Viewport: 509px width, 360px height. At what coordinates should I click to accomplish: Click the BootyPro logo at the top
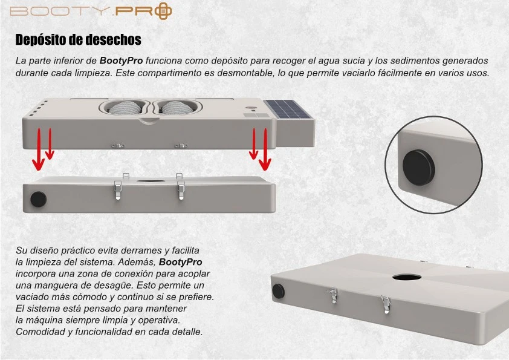tap(91, 11)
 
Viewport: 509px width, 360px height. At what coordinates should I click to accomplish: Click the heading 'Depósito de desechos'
tap(78, 40)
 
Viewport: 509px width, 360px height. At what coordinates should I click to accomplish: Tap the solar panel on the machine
tap(288, 109)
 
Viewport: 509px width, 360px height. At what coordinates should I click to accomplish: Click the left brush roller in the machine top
tap(125, 108)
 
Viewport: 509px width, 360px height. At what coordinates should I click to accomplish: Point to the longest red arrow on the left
tap(38, 149)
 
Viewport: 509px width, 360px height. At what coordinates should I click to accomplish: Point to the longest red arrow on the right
tap(265, 149)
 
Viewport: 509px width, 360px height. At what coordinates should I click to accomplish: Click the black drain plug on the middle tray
tap(38, 199)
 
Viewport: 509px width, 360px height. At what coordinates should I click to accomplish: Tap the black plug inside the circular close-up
tap(418, 168)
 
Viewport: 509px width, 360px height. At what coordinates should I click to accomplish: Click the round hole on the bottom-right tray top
tap(407, 277)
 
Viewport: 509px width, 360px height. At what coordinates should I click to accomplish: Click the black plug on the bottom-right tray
tap(278, 292)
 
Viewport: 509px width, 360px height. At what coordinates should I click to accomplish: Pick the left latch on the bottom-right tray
tap(332, 295)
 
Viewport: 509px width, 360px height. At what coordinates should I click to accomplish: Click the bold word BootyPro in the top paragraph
tap(121, 61)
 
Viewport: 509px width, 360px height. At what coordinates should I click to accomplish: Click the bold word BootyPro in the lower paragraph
tap(181, 262)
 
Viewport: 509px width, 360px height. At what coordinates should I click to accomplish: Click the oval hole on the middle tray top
tap(150, 181)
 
